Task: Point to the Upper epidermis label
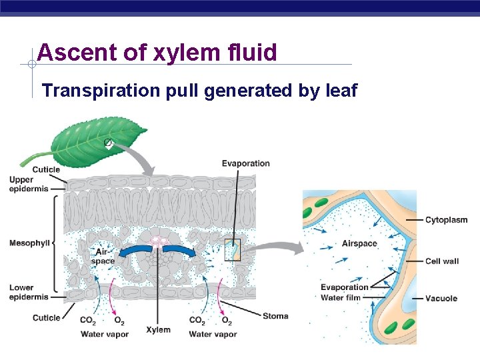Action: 31,185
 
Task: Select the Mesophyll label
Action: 29,243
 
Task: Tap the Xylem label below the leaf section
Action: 158,329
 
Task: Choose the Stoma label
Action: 275,316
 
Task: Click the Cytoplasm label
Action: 446,220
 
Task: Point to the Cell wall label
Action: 441,261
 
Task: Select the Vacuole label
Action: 441,299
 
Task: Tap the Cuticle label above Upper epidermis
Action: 46,169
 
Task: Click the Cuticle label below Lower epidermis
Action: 46,317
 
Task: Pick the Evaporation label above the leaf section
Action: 245,163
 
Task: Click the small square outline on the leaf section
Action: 232,249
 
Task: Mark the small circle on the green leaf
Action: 107,143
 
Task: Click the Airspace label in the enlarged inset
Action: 359,244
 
